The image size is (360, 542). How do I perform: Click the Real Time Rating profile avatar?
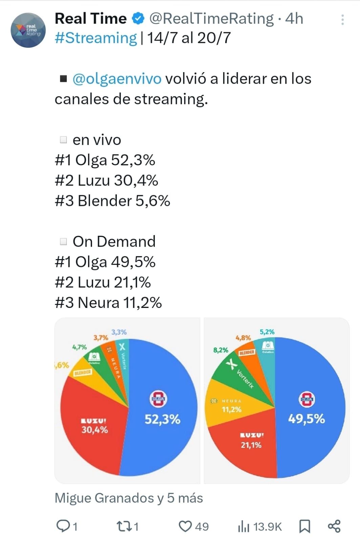point(28,30)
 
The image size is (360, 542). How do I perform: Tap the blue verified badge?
point(138,19)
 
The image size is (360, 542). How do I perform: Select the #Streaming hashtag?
point(96,38)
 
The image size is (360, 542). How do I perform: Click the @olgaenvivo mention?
point(117,79)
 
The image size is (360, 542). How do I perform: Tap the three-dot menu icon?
point(342,20)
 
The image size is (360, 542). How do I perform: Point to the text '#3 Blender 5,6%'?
point(112,201)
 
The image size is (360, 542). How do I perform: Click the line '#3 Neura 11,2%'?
point(108,303)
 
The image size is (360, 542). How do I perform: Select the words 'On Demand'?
point(114,242)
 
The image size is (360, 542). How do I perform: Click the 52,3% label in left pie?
point(162,420)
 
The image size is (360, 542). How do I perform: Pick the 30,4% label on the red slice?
point(94,430)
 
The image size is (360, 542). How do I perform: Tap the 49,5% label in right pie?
point(306,419)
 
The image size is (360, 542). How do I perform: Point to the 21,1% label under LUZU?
point(251,445)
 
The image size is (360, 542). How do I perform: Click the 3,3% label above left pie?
point(119,332)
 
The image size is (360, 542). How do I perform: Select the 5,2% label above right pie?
point(267,332)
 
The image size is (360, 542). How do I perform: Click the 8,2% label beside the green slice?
point(220,350)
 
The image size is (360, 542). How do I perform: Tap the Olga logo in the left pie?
point(158,399)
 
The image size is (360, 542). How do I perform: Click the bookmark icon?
point(304,526)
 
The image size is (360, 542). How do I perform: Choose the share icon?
point(334,526)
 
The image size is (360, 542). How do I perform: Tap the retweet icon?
point(122,526)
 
